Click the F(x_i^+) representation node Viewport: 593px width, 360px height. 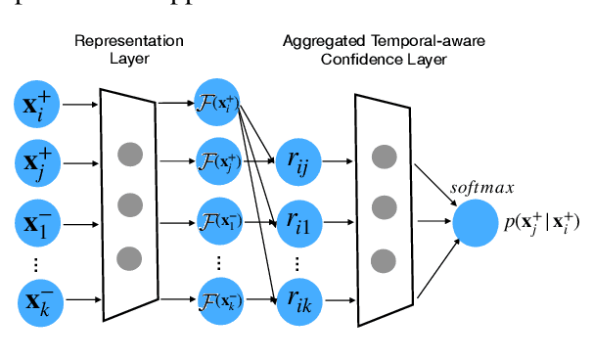(x=218, y=101)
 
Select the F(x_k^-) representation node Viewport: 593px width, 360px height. (x=218, y=298)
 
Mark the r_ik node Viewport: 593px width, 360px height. (x=299, y=299)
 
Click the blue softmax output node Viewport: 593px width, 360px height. (x=475, y=222)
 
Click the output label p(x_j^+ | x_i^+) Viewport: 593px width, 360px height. (x=541, y=222)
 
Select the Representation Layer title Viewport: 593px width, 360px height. (x=128, y=50)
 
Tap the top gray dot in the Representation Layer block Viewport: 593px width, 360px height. (x=129, y=154)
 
